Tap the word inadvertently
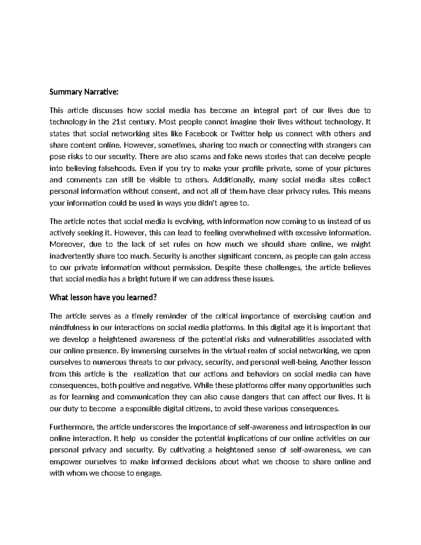point(72,256)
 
